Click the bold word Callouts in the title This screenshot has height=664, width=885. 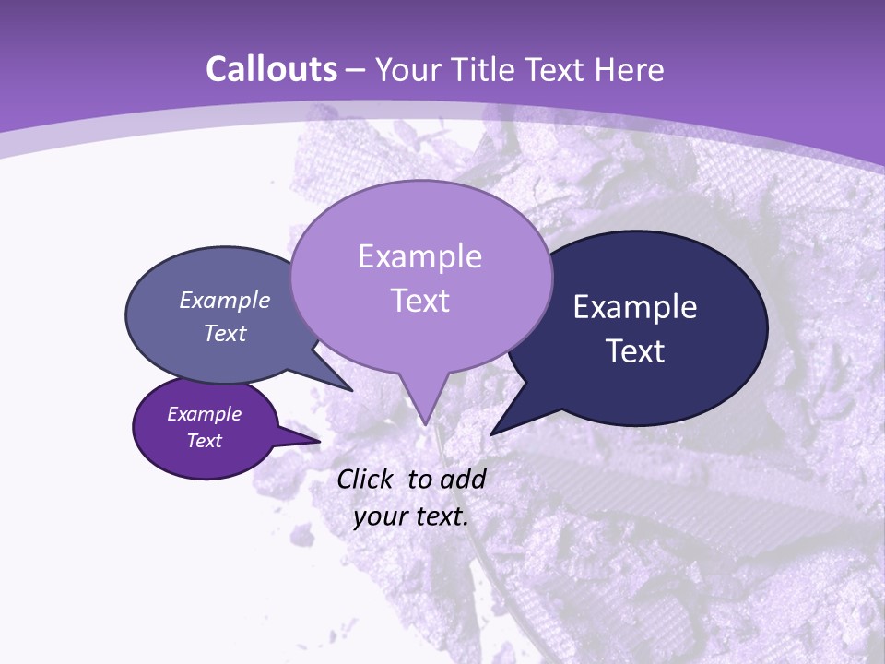click(271, 69)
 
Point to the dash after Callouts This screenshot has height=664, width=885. click(358, 70)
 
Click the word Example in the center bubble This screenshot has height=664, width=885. click(419, 255)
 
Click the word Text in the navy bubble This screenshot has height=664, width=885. click(636, 351)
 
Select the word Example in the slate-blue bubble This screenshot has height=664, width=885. click(224, 300)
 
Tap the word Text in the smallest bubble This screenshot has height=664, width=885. click(204, 441)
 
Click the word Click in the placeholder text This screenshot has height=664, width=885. click(366, 479)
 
